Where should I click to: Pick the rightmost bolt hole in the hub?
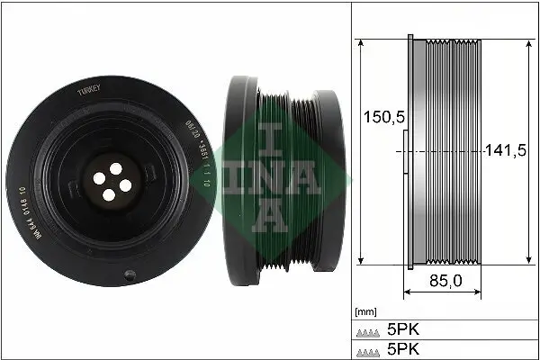[x=125, y=184]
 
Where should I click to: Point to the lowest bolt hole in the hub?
[x=109, y=194]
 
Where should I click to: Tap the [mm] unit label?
[x=364, y=312]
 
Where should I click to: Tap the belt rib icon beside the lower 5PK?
[x=368, y=348]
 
